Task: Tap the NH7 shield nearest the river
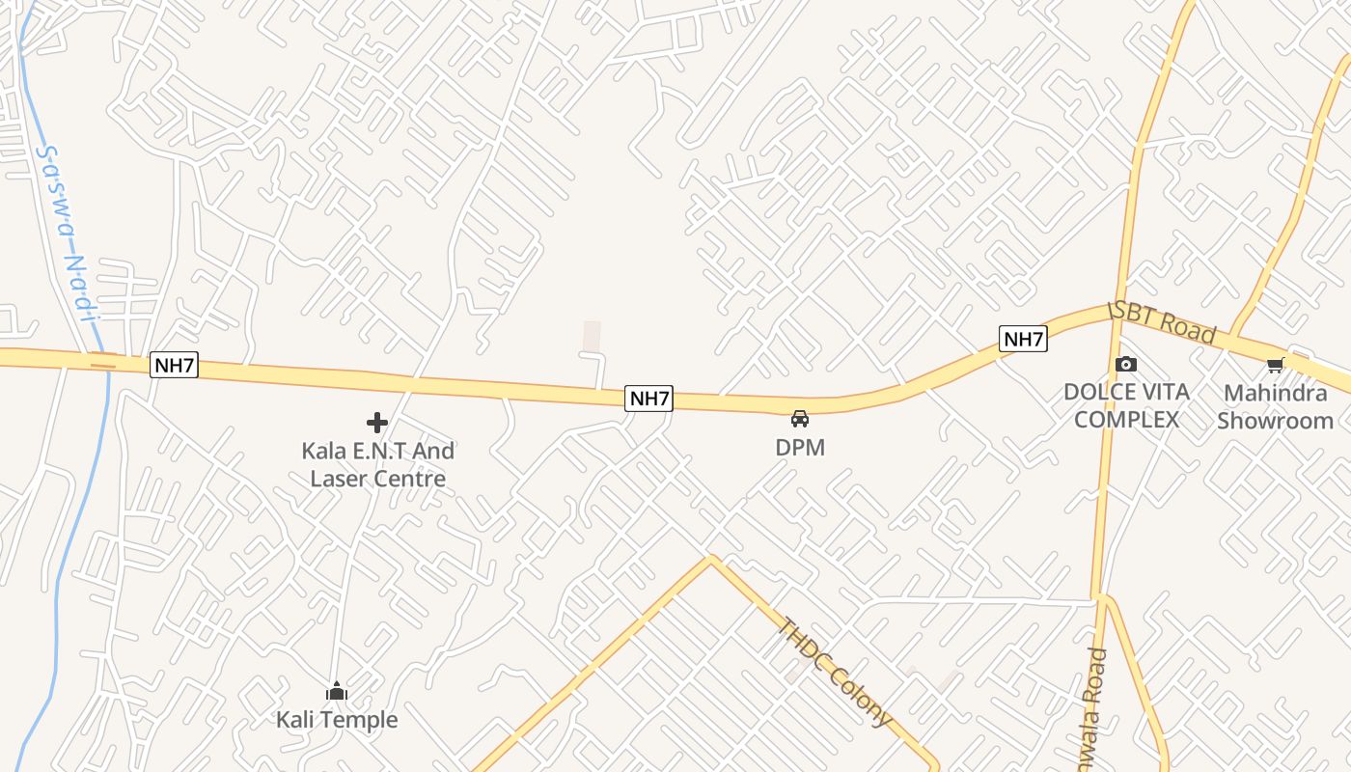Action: tap(175, 366)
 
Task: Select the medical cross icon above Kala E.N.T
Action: tap(377, 423)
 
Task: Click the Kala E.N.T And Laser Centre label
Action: tap(377, 464)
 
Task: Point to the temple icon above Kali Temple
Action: tap(337, 691)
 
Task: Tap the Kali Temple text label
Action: tap(337, 720)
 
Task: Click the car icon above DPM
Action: tap(800, 419)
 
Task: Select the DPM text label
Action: tap(800, 448)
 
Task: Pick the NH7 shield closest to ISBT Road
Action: tap(1023, 339)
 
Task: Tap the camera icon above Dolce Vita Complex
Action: tap(1126, 364)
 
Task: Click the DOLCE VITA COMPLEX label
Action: tap(1126, 405)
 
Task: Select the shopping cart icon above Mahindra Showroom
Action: tap(1276, 365)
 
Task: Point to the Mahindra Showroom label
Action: tap(1275, 406)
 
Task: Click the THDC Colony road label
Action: tap(836, 672)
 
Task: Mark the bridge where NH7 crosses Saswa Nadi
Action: tap(102, 360)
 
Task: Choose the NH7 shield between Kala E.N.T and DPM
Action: tap(648, 398)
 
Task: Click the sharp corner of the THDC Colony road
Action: tap(712, 559)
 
